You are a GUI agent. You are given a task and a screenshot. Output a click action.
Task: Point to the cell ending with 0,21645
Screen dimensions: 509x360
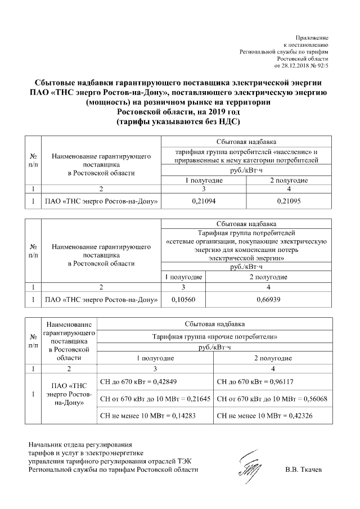coord(155,399)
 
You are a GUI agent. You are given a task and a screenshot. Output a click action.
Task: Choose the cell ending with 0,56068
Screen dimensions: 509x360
coord(272,399)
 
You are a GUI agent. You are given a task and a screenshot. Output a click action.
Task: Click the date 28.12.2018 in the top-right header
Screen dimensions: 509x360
coord(300,65)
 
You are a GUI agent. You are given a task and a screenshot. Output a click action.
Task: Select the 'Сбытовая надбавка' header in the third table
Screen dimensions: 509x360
coord(215,324)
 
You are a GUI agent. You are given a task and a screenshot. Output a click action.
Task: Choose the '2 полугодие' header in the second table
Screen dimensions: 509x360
coord(268,277)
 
